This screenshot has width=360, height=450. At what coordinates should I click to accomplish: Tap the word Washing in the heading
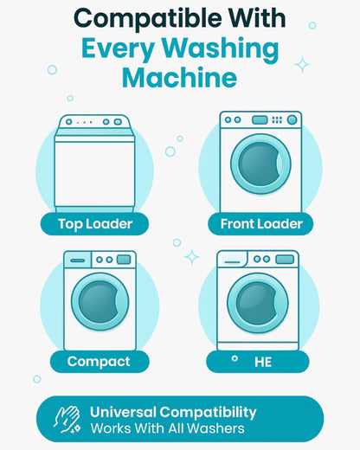220,49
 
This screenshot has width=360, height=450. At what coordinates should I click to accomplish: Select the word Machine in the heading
179,77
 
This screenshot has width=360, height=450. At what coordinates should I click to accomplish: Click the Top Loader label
95,224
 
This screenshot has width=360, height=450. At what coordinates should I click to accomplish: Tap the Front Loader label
261,224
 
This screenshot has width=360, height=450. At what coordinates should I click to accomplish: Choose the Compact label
99,362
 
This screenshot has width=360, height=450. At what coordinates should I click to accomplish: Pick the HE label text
263,362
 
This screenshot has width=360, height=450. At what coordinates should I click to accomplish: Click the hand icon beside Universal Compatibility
67,420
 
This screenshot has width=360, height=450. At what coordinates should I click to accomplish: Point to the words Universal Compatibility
173,413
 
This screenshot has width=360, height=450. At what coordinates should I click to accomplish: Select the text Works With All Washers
167,428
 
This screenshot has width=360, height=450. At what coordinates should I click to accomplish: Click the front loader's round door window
260,164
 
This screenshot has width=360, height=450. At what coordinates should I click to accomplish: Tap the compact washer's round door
100,302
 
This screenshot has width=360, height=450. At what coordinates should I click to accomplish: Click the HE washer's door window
258,303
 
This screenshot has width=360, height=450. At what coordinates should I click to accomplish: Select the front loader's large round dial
292,119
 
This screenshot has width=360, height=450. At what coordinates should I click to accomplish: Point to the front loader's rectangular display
260,119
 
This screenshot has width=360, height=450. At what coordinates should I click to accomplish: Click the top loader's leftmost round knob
69,122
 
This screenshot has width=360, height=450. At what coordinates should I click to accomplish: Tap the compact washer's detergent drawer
78,260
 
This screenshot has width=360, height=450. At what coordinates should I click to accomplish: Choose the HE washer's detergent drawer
232,259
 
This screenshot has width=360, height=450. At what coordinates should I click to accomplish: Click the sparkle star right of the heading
302,64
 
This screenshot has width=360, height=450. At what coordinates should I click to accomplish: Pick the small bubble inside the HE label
235,358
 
